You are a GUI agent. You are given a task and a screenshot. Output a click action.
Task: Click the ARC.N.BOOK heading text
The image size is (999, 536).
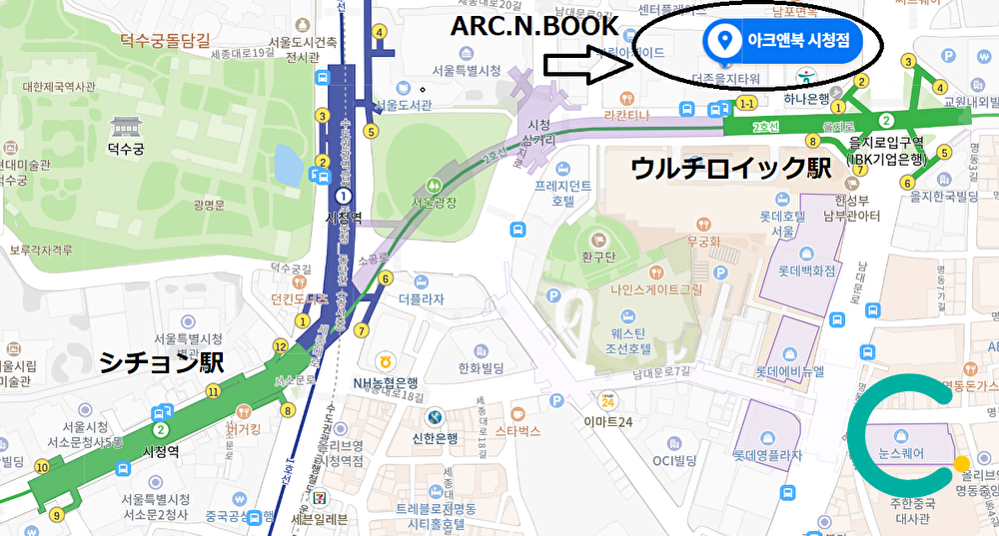point(534,26)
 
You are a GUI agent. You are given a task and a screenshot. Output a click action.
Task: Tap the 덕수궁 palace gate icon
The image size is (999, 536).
point(126,127)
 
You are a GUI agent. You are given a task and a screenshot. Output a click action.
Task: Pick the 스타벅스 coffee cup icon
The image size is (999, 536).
point(517,412)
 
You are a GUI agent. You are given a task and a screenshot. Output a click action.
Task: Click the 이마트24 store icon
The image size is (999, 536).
point(606,401)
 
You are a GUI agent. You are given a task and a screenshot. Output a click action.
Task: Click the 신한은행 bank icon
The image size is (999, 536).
point(434,416)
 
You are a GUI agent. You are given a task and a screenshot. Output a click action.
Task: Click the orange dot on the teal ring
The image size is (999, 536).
point(961,463)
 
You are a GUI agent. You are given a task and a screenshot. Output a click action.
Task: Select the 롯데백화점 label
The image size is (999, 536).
point(806,269)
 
